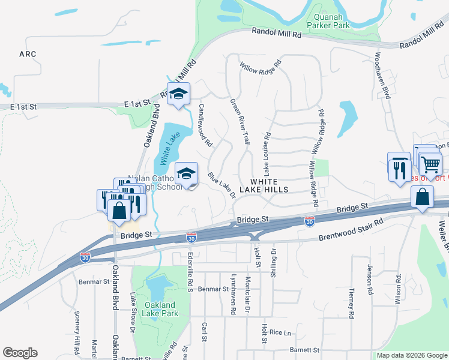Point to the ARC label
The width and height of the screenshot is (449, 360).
28,54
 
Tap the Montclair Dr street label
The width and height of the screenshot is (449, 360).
248,294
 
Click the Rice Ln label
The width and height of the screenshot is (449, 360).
280,332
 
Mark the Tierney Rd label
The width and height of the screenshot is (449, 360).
351,302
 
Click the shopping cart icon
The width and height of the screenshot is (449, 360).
430,164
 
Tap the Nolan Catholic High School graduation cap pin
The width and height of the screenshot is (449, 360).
187,175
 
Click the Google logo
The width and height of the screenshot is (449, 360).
20,353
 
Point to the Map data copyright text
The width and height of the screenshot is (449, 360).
411,355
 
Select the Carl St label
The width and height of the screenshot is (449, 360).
205,331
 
